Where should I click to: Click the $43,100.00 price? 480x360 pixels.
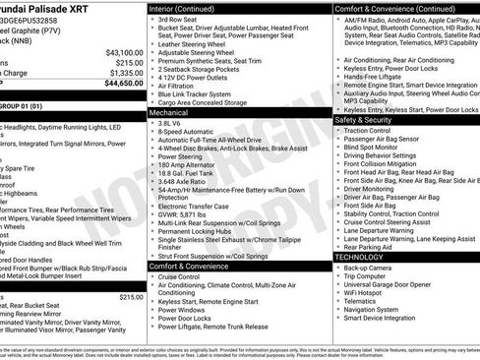point(124,52)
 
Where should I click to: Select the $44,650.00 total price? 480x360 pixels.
point(124,83)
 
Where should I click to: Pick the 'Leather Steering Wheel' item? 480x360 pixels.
point(198,44)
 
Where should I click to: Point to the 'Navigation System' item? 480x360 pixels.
point(374,309)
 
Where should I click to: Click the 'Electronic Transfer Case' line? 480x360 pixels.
point(199,206)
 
